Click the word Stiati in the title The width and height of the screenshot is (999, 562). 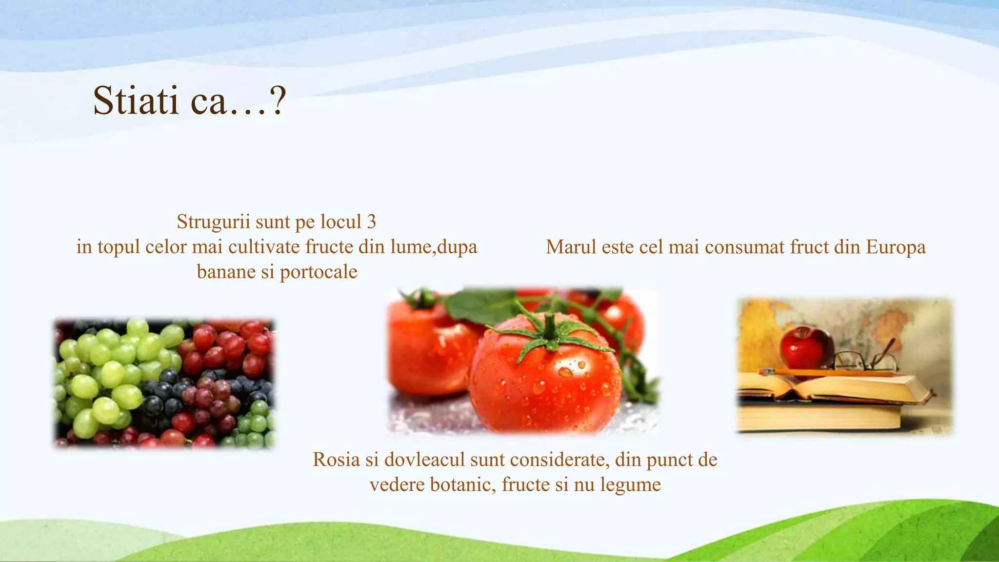coord(136,100)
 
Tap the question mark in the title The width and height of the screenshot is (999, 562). coord(277,100)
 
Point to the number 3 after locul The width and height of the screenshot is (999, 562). coord(371,222)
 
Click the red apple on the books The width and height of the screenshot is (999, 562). coord(805,347)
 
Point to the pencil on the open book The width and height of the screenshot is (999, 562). coord(829,373)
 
